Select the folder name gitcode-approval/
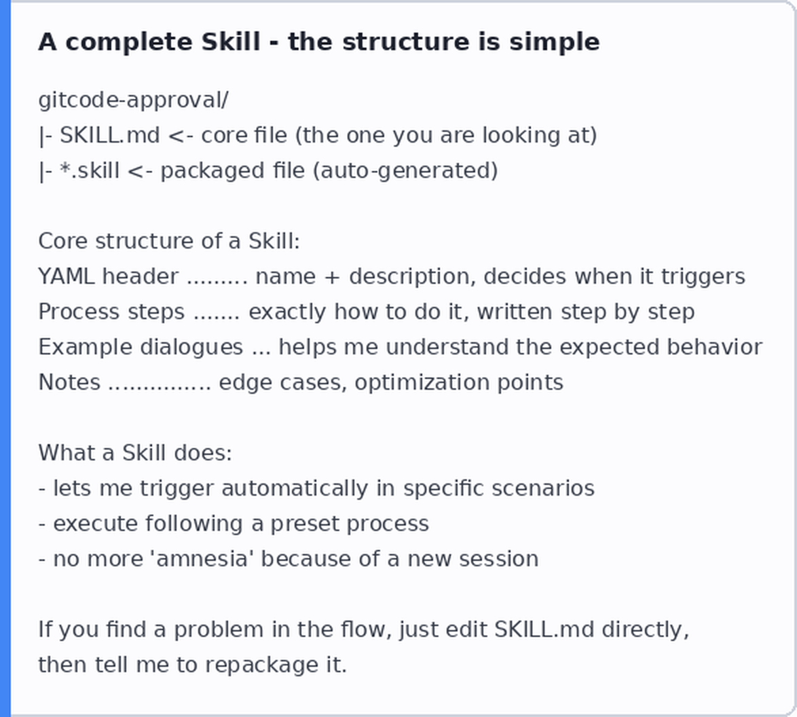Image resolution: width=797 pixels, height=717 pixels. [134, 100]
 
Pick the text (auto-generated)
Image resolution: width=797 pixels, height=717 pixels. [405, 171]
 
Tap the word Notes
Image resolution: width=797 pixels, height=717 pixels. [69, 382]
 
